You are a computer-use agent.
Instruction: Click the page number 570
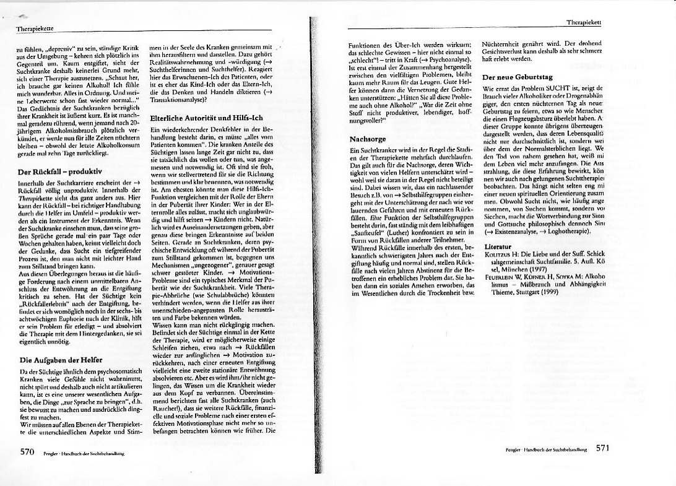coord(27,451)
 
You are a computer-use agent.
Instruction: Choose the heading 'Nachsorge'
coord(368,139)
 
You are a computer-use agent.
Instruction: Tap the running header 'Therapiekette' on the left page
coord(34,28)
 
